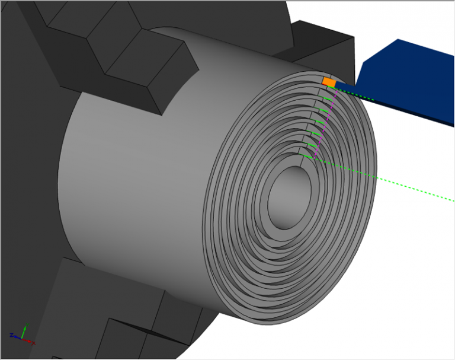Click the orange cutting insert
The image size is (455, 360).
tap(329, 82)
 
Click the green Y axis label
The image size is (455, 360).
tap(24, 326)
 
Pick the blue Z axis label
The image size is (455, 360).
tap(12, 336)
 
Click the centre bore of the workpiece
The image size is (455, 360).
tap(289, 199)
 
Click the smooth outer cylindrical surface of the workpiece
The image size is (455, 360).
tap(136, 178)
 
